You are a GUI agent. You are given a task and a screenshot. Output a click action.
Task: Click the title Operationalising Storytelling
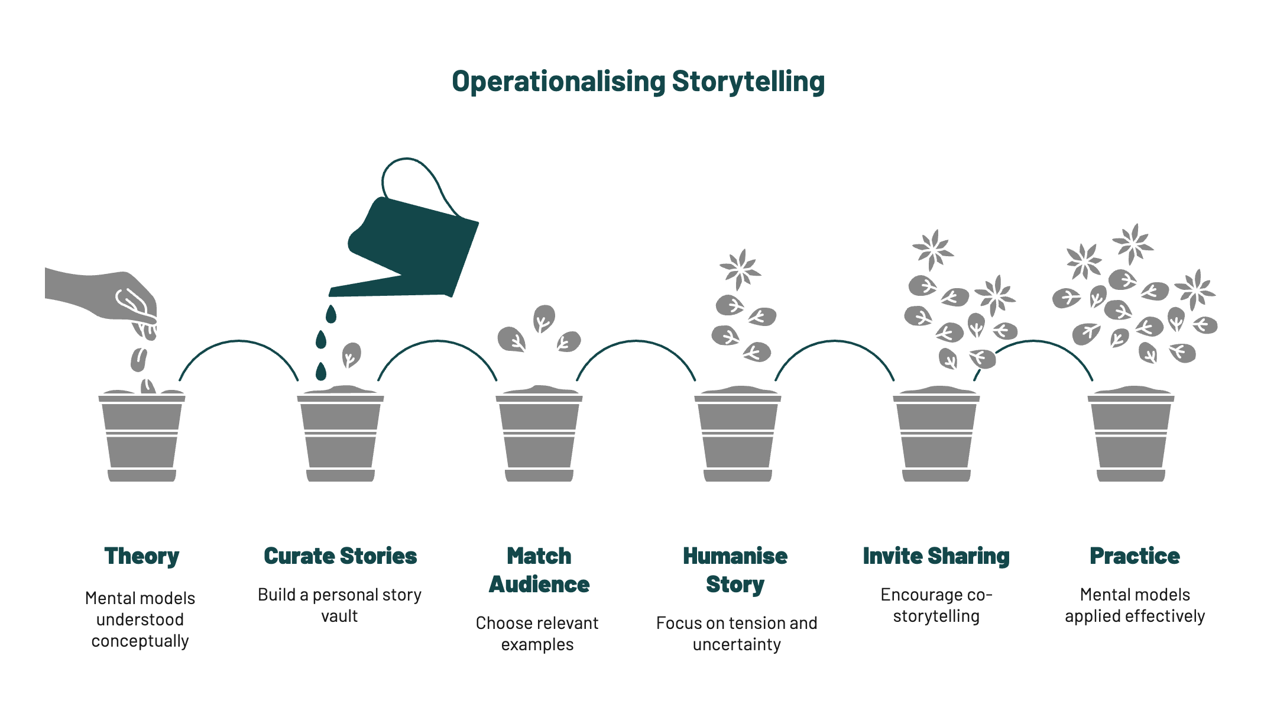pos(638,82)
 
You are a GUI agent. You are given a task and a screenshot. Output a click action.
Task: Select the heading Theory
pos(141,556)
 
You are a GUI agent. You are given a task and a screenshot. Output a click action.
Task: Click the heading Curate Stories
pos(340,556)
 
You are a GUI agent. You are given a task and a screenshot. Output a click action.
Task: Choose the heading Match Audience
pos(539,570)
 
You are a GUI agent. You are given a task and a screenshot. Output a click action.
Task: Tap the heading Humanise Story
pos(735,570)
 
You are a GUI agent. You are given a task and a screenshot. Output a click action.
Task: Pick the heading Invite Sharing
pos(936,556)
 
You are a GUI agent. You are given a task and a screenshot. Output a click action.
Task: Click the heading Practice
pos(1135,556)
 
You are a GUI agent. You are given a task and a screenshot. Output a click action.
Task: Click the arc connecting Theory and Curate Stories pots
pos(239,341)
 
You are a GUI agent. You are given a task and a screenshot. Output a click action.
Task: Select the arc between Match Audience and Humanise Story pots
pos(636,341)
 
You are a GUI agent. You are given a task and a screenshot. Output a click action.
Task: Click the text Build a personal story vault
pos(339,605)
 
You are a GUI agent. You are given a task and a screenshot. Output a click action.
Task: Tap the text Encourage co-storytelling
pos(936,605)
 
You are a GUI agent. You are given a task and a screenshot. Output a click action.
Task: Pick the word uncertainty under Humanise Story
pos(737,644)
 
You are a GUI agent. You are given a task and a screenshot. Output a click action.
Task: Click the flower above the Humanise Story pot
pos(740,269)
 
